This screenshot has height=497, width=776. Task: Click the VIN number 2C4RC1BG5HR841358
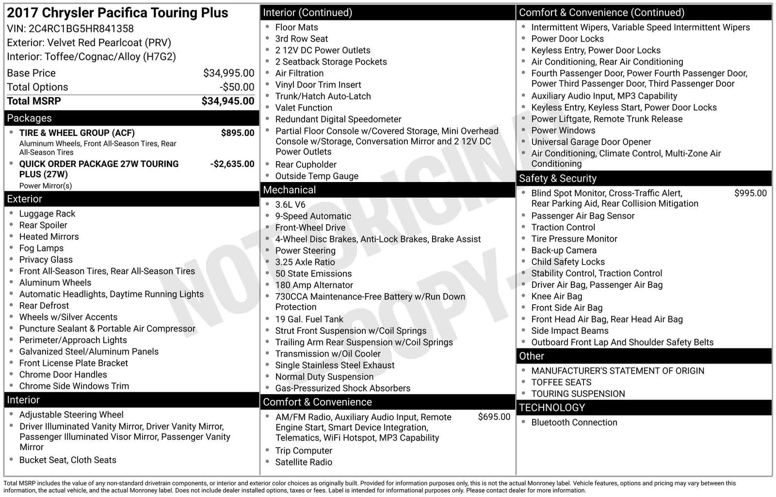(81, 29)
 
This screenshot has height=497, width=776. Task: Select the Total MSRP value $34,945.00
(227, 101)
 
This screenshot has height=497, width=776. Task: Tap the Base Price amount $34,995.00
(228, 73)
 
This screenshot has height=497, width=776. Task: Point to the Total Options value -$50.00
(237, 87)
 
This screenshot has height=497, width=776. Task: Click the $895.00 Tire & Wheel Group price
(237, 133)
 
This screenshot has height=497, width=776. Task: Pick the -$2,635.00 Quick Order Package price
(232, 164)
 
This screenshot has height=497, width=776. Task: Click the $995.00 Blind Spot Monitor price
(750, 193)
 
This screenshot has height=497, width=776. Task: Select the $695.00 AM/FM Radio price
(494, 417)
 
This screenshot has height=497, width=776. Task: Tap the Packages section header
(29, 118)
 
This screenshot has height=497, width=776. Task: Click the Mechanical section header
(289, 190)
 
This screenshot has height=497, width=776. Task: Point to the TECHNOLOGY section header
(551, 408)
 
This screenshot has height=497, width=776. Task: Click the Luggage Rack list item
(47, 214)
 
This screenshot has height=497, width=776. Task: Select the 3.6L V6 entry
(290, 205)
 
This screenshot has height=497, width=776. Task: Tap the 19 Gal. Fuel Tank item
(309, 319)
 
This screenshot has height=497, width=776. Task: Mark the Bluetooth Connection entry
(574, 423)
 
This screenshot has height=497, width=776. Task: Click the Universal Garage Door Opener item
(591, 142)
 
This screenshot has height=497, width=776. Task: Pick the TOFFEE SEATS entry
(561, 382)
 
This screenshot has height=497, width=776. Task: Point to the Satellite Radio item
(304, 463)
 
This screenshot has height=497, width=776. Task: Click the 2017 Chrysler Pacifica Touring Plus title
(117, 13)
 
